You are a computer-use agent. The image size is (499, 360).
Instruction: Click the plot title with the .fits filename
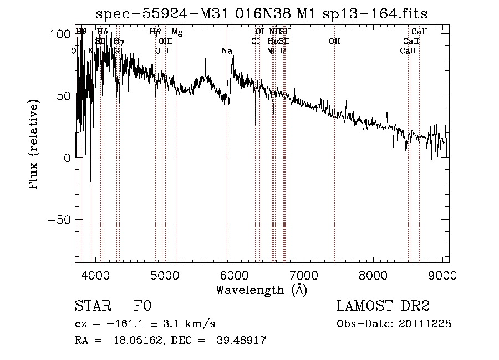point(261,13)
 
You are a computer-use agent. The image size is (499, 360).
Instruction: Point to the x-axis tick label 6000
point(234,276)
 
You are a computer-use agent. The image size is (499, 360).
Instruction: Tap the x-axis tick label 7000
point(303,276)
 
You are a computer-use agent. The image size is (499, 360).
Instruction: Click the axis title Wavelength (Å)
point(261,290)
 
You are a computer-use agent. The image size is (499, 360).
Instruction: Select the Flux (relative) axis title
point(34,145)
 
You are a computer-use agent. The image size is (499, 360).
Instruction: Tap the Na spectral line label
point(226,51)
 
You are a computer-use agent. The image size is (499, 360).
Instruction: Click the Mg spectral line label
point(177,32)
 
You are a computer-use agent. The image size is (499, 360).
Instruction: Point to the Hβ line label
point(155,32)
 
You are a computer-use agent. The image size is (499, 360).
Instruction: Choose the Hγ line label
point(119,42)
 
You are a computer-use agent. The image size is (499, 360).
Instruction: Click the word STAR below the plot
point(91,306)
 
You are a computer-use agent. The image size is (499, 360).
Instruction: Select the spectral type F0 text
point(142,306)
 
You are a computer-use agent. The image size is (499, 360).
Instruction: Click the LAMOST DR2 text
point(383,306)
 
